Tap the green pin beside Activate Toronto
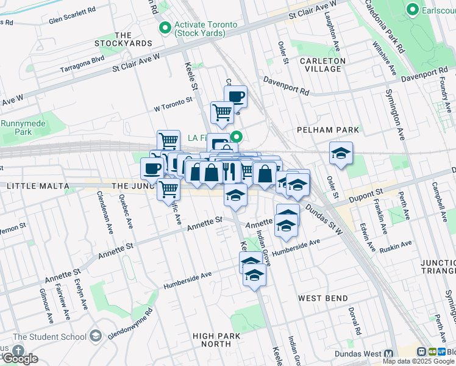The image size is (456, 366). click(165, 27)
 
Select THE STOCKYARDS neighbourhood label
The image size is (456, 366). click(123, 40)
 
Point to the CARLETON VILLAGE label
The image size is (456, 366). click(323, 65)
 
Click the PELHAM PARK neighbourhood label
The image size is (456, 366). click(327, 130)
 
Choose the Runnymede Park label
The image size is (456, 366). click(16, 127)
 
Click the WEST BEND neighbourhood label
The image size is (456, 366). click(323, 298)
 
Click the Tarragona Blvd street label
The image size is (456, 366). click(82, 64)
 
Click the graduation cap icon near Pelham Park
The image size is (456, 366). click(341, 153)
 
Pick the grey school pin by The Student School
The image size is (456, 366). click(94, 335)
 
